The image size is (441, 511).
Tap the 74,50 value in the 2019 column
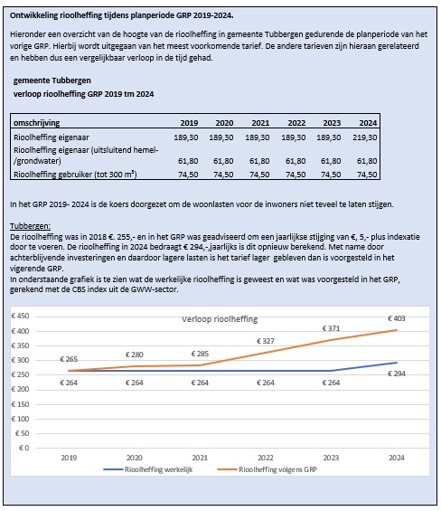pos(186,172)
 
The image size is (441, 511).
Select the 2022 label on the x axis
pos(266,458)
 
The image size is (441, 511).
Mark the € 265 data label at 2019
pos(69,359)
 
